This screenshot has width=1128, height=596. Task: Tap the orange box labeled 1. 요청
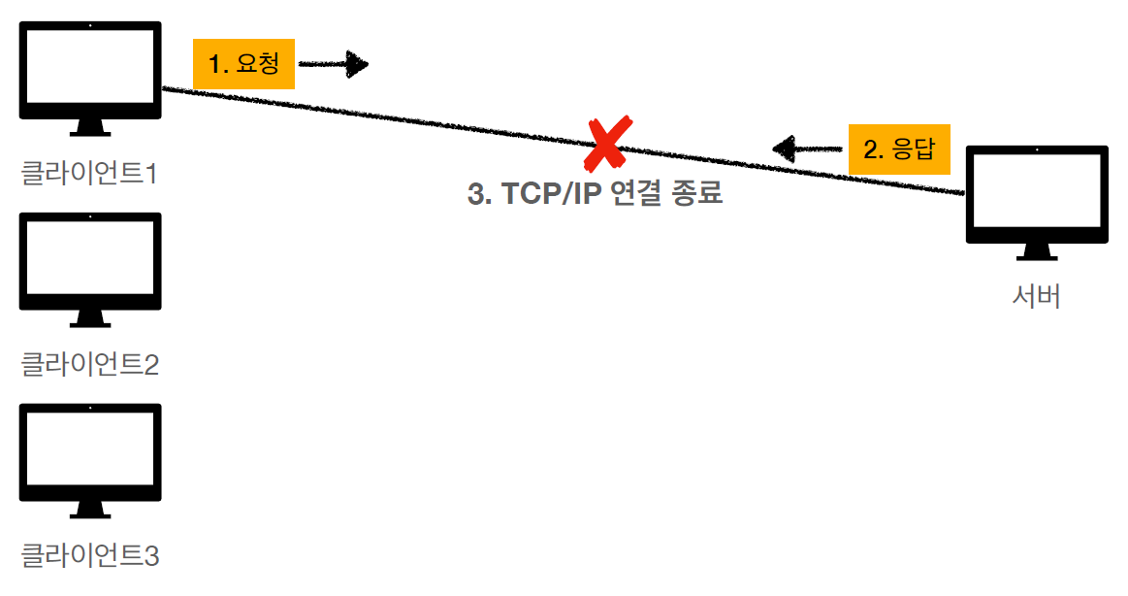pyautogui.click(x=243, y=64)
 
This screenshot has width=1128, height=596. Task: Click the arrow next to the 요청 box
pyautogui.click(x=334, y=65)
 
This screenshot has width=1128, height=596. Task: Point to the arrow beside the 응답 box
pyautogui.click(x=807, y=149)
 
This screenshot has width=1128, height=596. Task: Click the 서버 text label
pyautogui.click(x=1036, y=297)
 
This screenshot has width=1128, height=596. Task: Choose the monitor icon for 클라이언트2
pyautogui.click(x=90, y=261)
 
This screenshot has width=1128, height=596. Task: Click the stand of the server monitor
pyautogui.click(x=1036, y=252)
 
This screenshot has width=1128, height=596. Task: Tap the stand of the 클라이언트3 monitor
pyautogui.click(x=90, y=511)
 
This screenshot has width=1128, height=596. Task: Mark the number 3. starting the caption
pyautogui.click(x=479, y=194)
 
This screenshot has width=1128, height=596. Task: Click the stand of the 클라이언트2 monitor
pyautogui.click(x=90, y=319)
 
